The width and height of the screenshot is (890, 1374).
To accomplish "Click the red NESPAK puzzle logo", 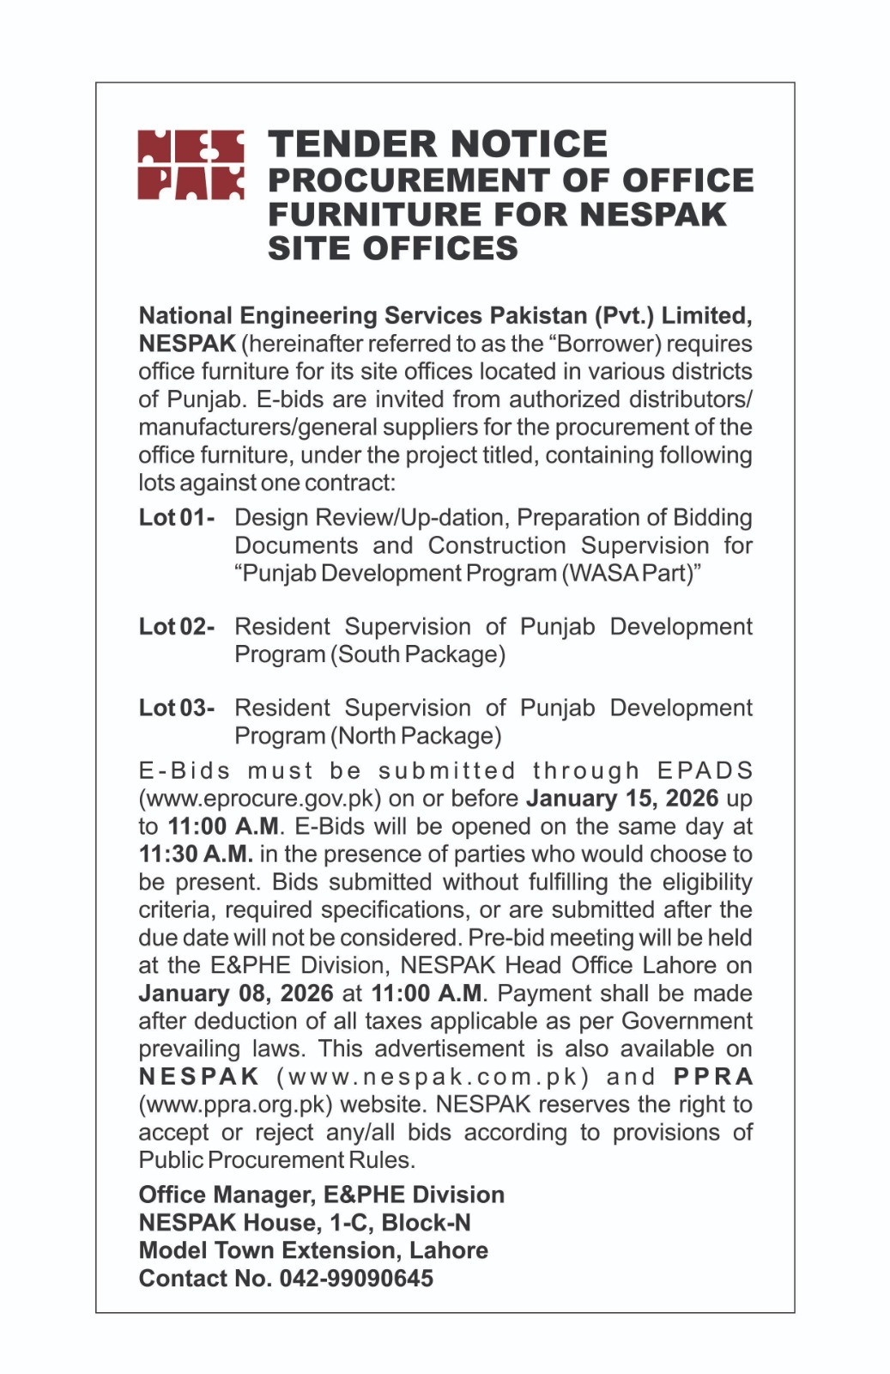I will pos(191,165).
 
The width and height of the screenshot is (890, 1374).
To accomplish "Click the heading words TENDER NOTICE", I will pos(438,144).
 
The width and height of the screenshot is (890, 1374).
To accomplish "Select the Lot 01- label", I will pos(177,518).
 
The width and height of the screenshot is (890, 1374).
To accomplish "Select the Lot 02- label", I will pos(177,627).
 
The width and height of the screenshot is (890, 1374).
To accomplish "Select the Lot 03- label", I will pos(177,708).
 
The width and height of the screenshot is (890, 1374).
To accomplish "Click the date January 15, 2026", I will pos(622,799).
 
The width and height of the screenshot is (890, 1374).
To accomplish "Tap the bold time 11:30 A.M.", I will pos(196,854).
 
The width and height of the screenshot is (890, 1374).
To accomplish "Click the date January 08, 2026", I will pos(236,994).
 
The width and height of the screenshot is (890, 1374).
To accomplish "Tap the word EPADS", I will pos(705,771).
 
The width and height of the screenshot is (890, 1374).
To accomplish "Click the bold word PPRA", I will pos(713,1077).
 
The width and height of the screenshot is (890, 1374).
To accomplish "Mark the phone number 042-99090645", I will pos(356,1279).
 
